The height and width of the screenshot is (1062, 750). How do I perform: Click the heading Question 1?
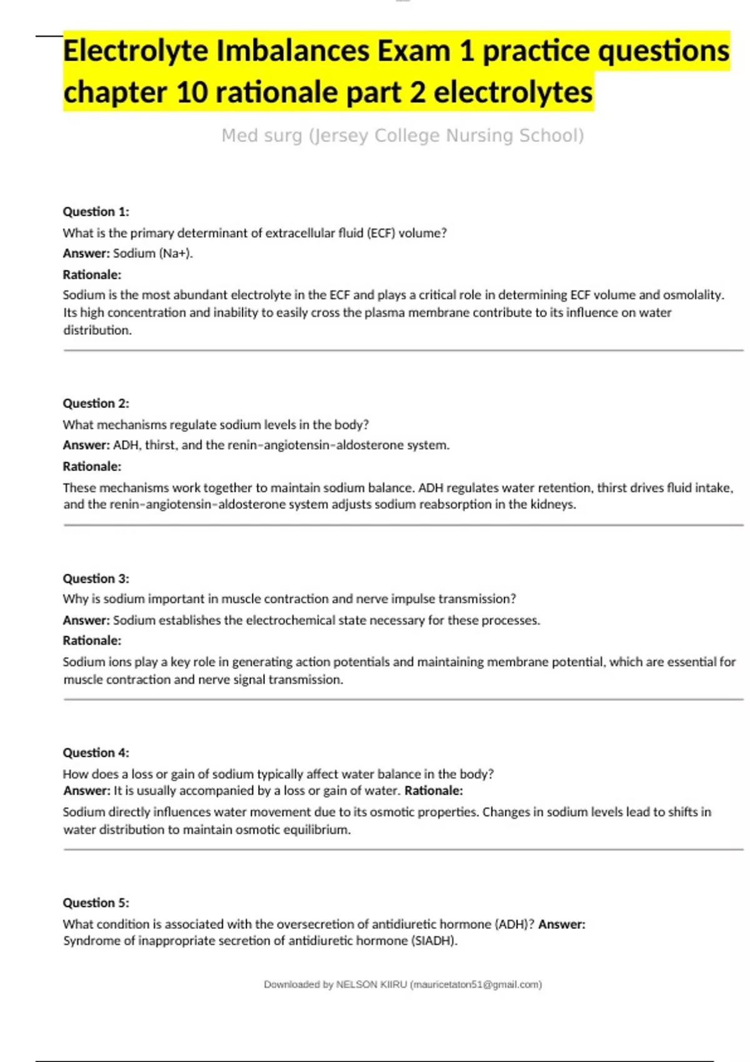coord(96,212)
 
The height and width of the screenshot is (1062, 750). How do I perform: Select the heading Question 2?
coord(96,404)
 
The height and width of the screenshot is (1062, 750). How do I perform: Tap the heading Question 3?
coord(96,578)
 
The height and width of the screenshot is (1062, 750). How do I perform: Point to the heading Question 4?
coord(96,753)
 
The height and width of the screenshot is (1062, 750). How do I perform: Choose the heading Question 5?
coord(96,903)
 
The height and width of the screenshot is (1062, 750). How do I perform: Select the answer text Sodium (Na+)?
coord(152,254)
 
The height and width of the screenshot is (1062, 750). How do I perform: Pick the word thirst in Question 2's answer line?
coord(161,445)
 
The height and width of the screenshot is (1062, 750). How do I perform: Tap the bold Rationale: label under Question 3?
coord(92,641)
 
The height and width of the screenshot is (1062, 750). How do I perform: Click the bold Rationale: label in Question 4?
coord(434,791)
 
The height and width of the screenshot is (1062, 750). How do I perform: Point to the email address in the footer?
coord(476,985)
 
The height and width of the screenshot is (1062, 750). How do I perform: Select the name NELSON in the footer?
coord(355,985)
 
